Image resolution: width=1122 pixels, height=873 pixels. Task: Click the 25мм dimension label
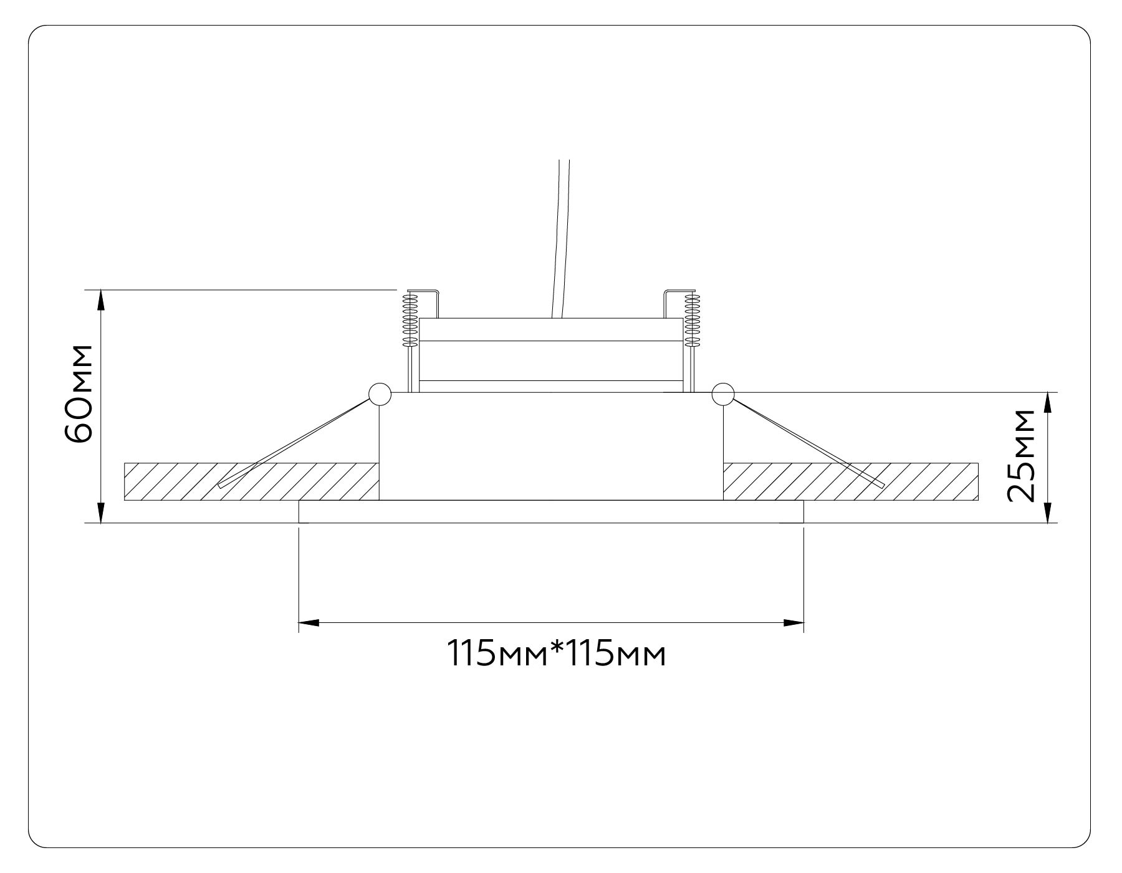pyautogui.click(x=1021, y=456)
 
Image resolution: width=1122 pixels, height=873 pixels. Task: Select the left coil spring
pyautogui.click(x=410, y=320)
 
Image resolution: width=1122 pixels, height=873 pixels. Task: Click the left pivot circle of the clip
pyautogui.click(x=380, y=394)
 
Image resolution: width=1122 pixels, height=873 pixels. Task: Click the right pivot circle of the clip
pyautogui.click(x=723, y=393)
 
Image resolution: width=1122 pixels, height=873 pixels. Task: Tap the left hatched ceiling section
pyautogui.click(x=249, y=481)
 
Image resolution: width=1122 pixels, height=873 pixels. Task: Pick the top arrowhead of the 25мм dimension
pyautogui.click(x=1047, y=402)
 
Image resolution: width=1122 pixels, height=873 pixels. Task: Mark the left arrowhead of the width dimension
pyautogui.click(x=309, y=622)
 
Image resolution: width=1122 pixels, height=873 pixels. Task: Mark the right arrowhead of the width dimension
pyautogui.click(x=793, y=622)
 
